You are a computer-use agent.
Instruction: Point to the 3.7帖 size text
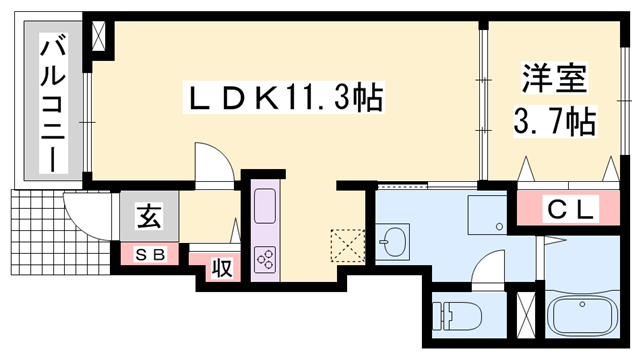[553, 122]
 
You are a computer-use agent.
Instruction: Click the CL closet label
[570, 209]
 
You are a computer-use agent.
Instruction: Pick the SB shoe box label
[151, 254]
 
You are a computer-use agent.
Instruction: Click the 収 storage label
[222, 268]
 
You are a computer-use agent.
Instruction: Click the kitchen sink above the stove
[267, 207]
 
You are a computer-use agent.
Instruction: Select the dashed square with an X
[347, 243]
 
